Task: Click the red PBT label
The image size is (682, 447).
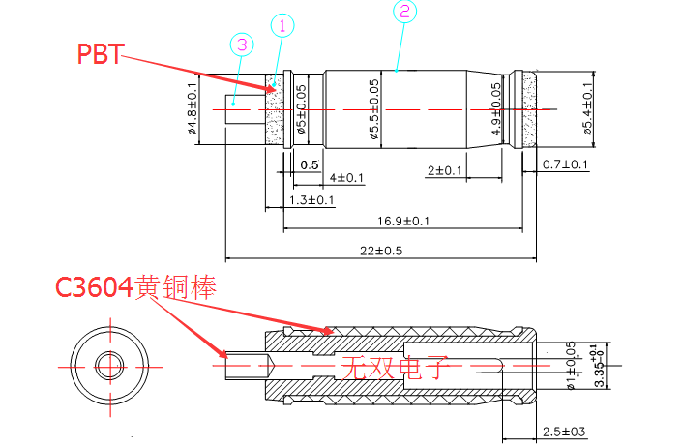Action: click(x=101, y=53)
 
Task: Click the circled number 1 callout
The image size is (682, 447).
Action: click(x=282, y=24)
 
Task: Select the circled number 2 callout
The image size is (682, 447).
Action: click(x=404, y=12)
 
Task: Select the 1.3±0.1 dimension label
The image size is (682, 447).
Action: click(x=311, y=200)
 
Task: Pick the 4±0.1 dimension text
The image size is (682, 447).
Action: click(x=347, y=178)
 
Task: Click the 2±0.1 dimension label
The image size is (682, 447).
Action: click(x=445, y=171)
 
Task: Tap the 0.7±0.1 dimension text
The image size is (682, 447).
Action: click(x=565, y=164)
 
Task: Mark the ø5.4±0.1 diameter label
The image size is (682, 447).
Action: click(x=588, y=111)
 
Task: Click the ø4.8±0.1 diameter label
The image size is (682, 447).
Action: click(x=192, y=111)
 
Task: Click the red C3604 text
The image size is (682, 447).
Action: click(x=95, y=287)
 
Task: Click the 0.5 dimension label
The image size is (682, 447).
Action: click(x=309, y=165)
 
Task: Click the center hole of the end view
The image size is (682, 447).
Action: click(x=106, y=365)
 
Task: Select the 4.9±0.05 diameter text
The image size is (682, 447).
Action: click(x=496, y=109)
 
